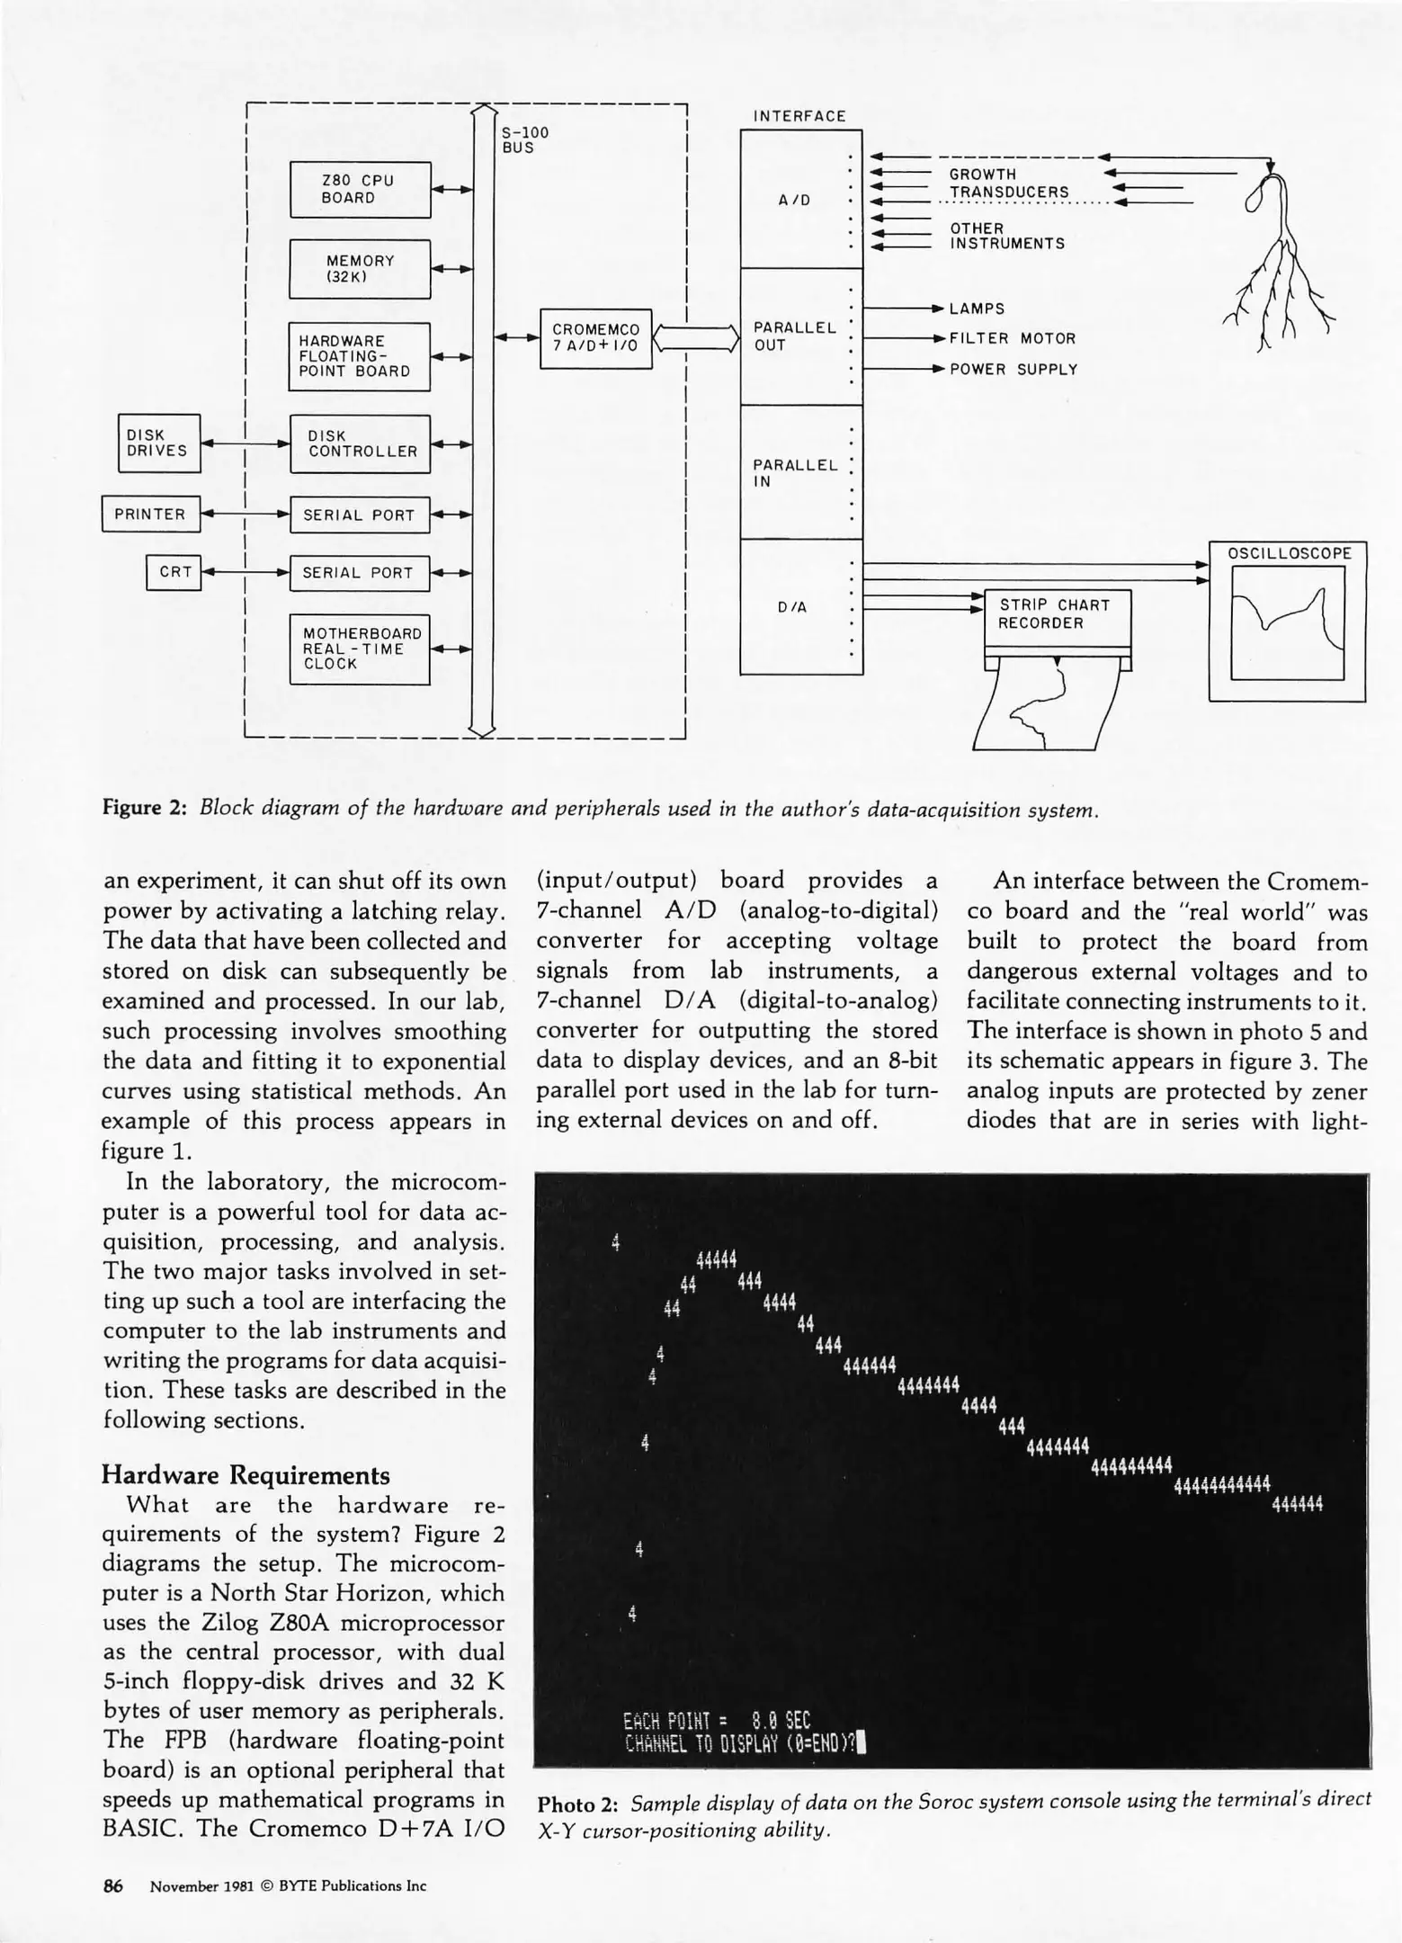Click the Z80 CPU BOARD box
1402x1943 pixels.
point(360,190)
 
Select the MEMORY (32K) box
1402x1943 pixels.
point(360,269)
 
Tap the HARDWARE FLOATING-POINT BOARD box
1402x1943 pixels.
point(359,356)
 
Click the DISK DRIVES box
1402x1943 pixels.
point(158,443)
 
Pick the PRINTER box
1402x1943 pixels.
point(150,515)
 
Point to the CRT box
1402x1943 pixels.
point(174,572)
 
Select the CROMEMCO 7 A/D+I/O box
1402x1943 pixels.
point(595,338)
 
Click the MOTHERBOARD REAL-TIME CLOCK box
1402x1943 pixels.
point(359,649)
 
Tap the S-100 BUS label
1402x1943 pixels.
point(524,140)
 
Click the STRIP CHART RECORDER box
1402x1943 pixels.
point(1057,615)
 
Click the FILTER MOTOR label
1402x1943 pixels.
point(1013,339)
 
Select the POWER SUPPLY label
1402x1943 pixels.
point(1014,370)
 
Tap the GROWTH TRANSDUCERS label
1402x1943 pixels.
point(1008,184)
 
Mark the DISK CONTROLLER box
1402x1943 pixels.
point(359,443)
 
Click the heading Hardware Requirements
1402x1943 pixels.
point(246,1475)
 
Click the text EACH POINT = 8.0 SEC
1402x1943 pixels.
point(716,1721)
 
